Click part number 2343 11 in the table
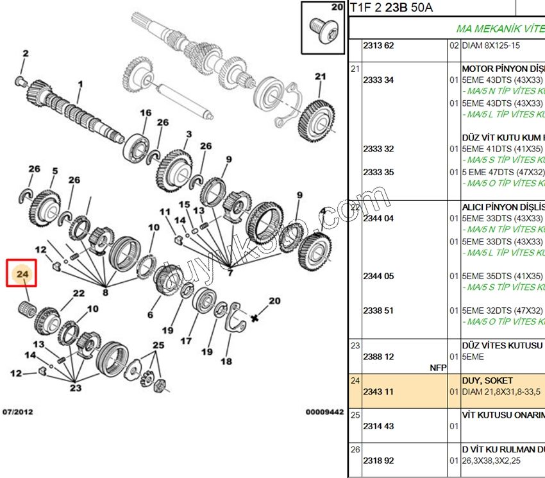tap(378, 391)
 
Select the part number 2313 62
tap(378, 46)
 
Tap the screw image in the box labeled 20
tap(323, 30)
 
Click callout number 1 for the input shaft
tap(81, 84)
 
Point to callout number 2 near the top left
tap(25, 53)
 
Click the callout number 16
tap(146, 114)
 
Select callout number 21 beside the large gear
tap(321, 77)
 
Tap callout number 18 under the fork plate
tap(226, 361)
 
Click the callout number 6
tap(151, 315)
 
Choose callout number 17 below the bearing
tap(186, 341)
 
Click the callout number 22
tap(78, 293)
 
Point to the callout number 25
tap(158, 346)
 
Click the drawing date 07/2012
tap(17, 411)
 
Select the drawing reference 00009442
tap(324, 411)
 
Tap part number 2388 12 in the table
tap(378, 357)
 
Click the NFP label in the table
tap(438, 368)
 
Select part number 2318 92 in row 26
tap(378, 460)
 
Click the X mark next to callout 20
tap(255, 318)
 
